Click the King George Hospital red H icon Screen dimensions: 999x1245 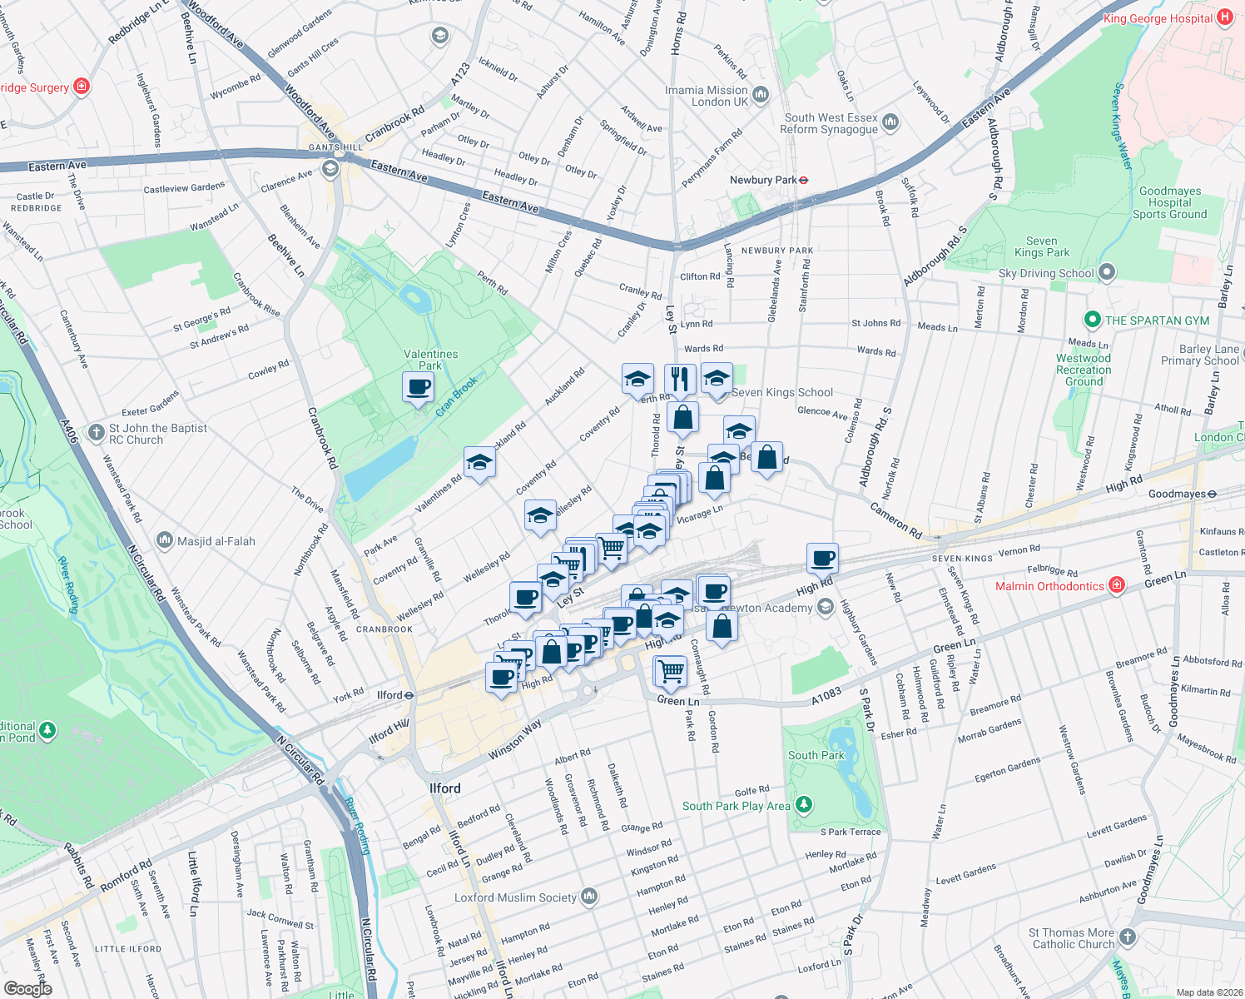[x=1225, y=17]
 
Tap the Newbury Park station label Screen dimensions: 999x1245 [x=762, y=180]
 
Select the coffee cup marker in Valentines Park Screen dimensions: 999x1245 [x=418, y=387]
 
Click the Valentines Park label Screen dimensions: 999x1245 [x=430, y=360]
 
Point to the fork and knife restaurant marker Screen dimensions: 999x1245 [x=680, y=379]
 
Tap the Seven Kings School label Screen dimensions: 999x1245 [x=781, y=393]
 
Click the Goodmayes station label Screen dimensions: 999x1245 [x=1176, y=494]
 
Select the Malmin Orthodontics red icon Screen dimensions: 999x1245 [x=1117, y=586]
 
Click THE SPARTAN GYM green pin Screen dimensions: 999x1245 [x=1092, y=320]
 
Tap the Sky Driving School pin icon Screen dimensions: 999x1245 [x=1106, y=272]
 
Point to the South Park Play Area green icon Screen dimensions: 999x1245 [x=803, y=805]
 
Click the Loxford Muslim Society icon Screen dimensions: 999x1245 [x=589, y=897]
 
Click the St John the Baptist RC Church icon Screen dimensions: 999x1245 [x=97, y=434]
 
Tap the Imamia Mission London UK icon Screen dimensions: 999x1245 [x=761, y=95]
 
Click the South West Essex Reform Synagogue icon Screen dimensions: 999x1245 [x=890, y=122]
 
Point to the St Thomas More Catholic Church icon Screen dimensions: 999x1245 [x=1127, y=937]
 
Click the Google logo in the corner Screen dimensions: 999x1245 [x=27, y=988]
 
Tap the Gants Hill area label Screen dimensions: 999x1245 [x=335, y=147]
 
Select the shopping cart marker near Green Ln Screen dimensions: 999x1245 [x=671, y=670]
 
